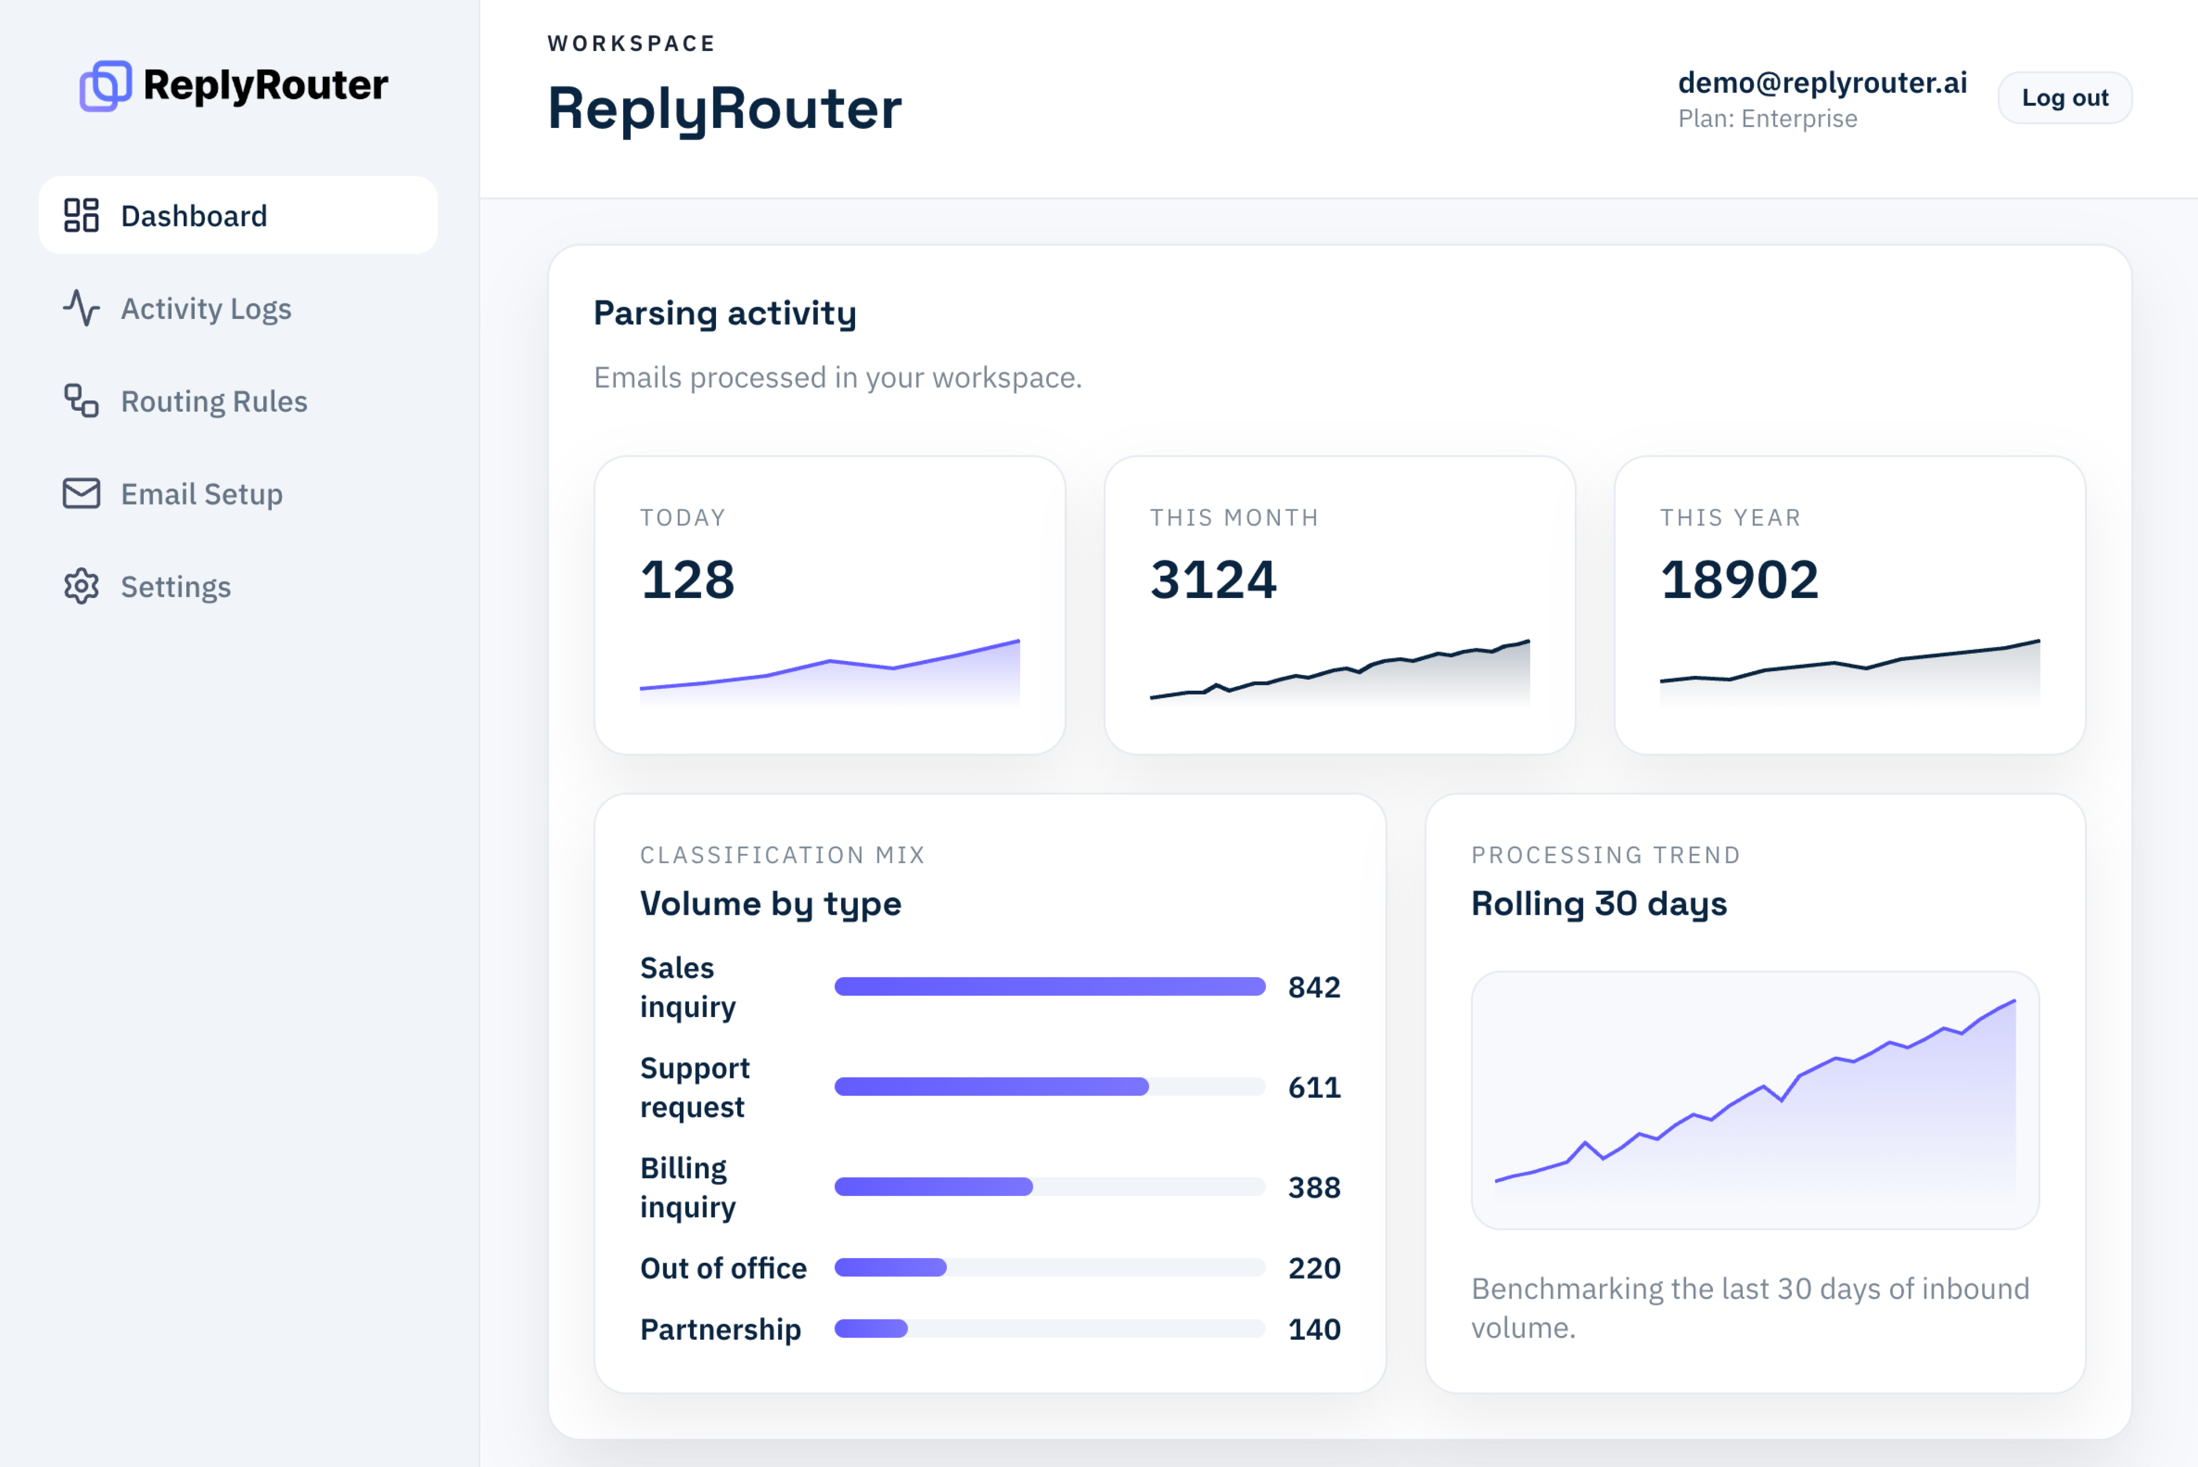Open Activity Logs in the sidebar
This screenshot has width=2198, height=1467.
206,309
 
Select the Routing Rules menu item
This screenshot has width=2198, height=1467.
213,401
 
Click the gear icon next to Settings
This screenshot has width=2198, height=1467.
81,587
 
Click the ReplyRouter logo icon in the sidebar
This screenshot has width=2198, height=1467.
105,86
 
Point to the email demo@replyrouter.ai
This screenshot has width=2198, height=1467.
1821,82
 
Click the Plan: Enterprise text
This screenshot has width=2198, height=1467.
1766,119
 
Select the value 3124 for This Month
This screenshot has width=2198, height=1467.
1213,579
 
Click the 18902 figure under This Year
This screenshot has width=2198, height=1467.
1738,579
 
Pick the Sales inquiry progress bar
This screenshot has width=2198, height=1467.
1049,987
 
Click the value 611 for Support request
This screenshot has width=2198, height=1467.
1314,1087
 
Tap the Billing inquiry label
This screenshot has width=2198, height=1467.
688,1187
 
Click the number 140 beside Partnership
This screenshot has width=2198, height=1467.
1314,1330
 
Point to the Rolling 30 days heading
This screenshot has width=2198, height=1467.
1598,904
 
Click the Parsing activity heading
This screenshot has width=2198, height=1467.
724,314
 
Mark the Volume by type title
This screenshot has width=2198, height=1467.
770,904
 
